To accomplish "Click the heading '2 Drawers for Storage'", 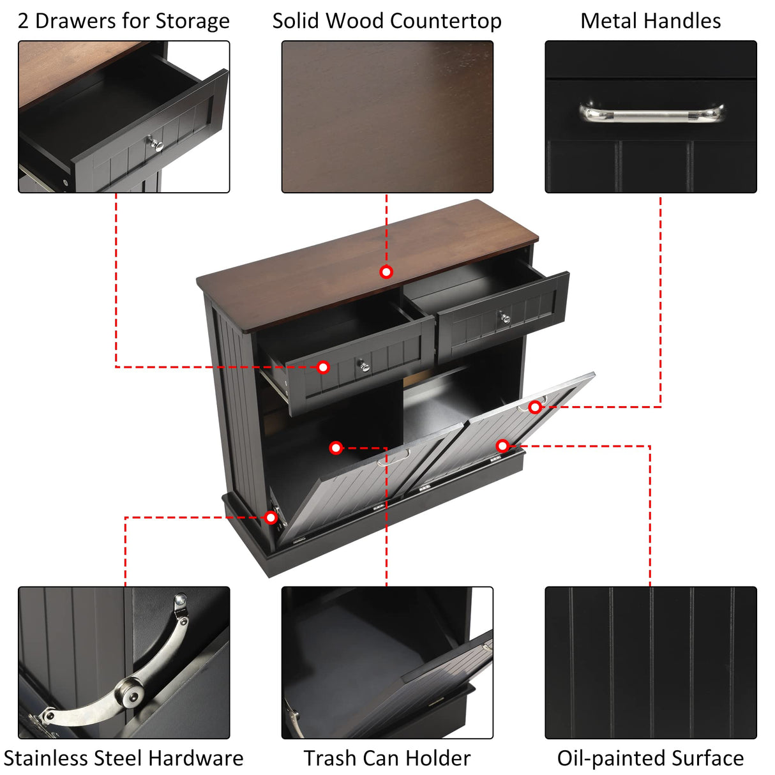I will [x=123, y=21].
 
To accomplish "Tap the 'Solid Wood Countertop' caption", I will [x=387, y=21].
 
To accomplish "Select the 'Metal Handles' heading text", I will [x=650, y=21].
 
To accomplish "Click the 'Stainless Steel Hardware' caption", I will [x=123, y=758].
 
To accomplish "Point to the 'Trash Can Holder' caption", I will [x=387, y=758].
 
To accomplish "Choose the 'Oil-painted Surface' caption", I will [x=650, y=758].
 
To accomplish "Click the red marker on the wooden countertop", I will [x=386, y=272].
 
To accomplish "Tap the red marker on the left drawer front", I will [x=323, y=367].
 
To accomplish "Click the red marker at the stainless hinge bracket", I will [x=271, y=517].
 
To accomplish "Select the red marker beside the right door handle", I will [x=535, y=407].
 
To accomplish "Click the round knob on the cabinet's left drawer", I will [x=363, y=366].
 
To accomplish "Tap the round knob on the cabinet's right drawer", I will [x=505, y=317].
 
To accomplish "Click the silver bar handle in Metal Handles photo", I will [x=651, y=114].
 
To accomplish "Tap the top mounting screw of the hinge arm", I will [x=181, y=600].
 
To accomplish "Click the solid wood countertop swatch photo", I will [x=387, y=117].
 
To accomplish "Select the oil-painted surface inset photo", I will [x=650, y=662].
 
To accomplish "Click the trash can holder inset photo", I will [x=387, y=662].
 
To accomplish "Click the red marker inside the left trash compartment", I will [x=336, y=448].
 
